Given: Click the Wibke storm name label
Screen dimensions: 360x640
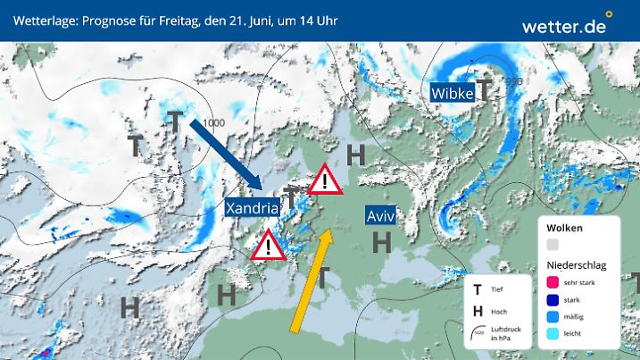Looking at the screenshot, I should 451,92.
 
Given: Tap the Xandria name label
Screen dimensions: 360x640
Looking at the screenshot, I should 254,207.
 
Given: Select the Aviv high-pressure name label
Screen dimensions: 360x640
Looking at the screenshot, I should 379,215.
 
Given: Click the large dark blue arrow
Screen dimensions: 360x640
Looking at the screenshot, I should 225,152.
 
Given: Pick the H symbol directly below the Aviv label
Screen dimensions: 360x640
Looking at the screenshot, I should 382,241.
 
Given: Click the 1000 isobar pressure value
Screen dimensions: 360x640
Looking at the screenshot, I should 213,122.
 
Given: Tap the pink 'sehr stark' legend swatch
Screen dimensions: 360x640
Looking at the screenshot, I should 553,283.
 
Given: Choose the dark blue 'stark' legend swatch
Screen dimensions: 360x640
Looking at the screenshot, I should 553,299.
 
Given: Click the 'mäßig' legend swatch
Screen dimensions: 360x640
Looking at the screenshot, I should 553,316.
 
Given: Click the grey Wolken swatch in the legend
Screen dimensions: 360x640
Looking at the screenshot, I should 553,244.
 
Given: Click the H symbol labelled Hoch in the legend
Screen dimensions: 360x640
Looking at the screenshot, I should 478,310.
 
